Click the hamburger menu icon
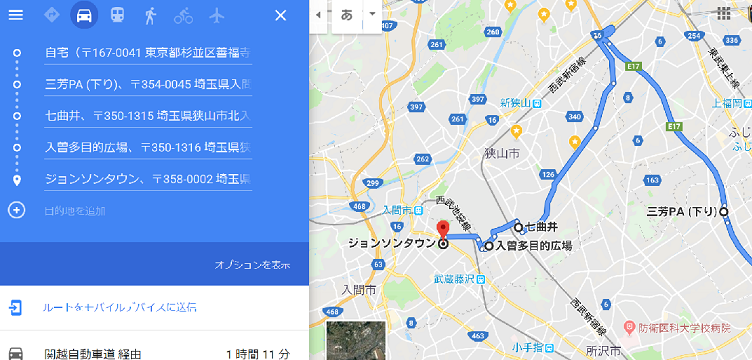(15, 15)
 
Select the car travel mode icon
(84, 15)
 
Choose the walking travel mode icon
(150, 15)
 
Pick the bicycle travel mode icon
(184, 15)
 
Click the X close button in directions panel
(280, 15)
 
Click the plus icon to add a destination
(16, 210)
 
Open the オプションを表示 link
(252, 265)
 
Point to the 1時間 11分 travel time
(257, 353)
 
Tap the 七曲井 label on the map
(541, 226)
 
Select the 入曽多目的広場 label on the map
(533, 245)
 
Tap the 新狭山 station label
(519, 102)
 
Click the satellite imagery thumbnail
(355, 341)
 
